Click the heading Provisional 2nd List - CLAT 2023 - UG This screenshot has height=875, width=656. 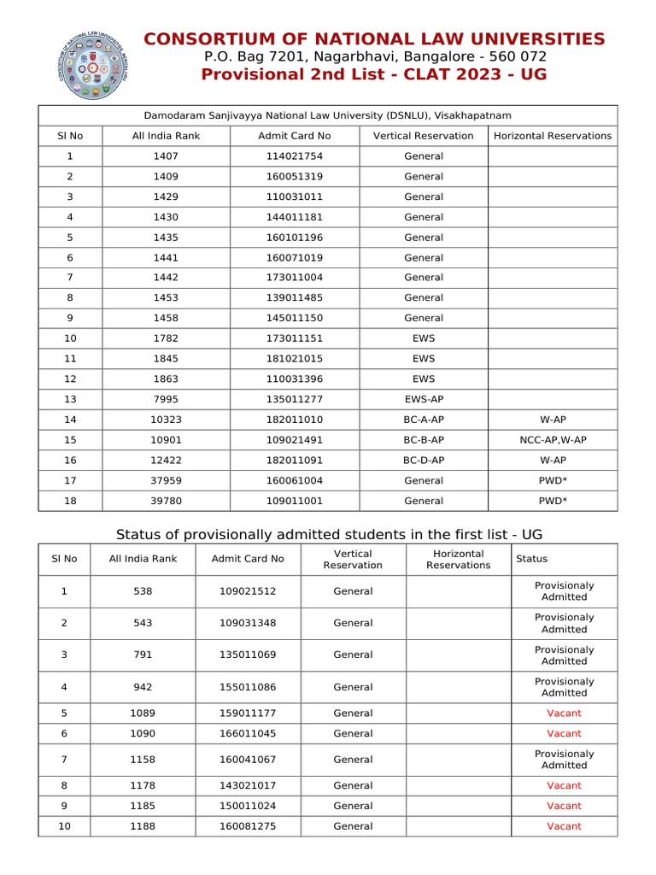click(x=373, y=74)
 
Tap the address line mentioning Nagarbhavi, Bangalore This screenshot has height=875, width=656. click(x=375, y=56)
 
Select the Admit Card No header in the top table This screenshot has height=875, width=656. click(x=294, y=136)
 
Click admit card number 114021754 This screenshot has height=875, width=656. click(x=294, y=156)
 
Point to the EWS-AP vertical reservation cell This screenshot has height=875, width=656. click(x=424, y=399)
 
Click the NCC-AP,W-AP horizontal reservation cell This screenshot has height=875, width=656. click(x=553, y=440)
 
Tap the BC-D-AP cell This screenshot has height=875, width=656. click(x=424, y=461)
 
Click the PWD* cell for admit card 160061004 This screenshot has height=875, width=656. click(x=553, y=480)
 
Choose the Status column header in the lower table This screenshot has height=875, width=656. click(x=531, y=559)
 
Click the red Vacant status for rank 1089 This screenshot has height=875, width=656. click(x=564, y=713)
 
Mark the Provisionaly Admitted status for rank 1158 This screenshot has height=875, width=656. click(x=564, y=760)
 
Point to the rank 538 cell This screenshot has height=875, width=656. click(x=143, y=591)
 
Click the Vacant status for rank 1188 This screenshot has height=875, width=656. click(x=564, y=826)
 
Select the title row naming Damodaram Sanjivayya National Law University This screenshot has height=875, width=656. click(x=327, y=115)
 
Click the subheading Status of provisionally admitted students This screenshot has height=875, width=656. click(x=328, y=535)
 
